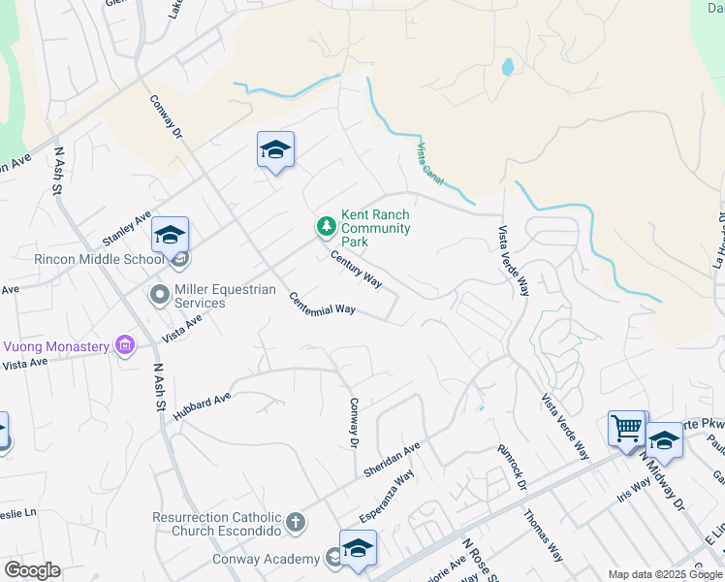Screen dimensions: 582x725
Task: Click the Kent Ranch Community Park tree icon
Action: pyautogui.click(x=327, y=227)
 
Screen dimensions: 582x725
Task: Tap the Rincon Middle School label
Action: pyautogui.click(x=86, y=259)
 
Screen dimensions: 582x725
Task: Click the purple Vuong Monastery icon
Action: pyautogui.click(x=123, y=344)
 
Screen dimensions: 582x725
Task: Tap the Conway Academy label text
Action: pyautogui.click(x=266, y=559)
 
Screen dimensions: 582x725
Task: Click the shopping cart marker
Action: pyautogui.click(x=627, y=427)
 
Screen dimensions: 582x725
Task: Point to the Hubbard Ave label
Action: pyautogui.click(x=202, y=405)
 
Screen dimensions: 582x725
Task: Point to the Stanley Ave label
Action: pyautogui.click(x=127, y=228)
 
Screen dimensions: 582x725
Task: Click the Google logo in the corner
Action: pyautogui.click(x=31, y=570)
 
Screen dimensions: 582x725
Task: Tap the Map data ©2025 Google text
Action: pyautogui.click(x=665, y=574)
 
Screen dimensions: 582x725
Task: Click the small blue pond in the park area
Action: pyautogui.click(x=507, y=68)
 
